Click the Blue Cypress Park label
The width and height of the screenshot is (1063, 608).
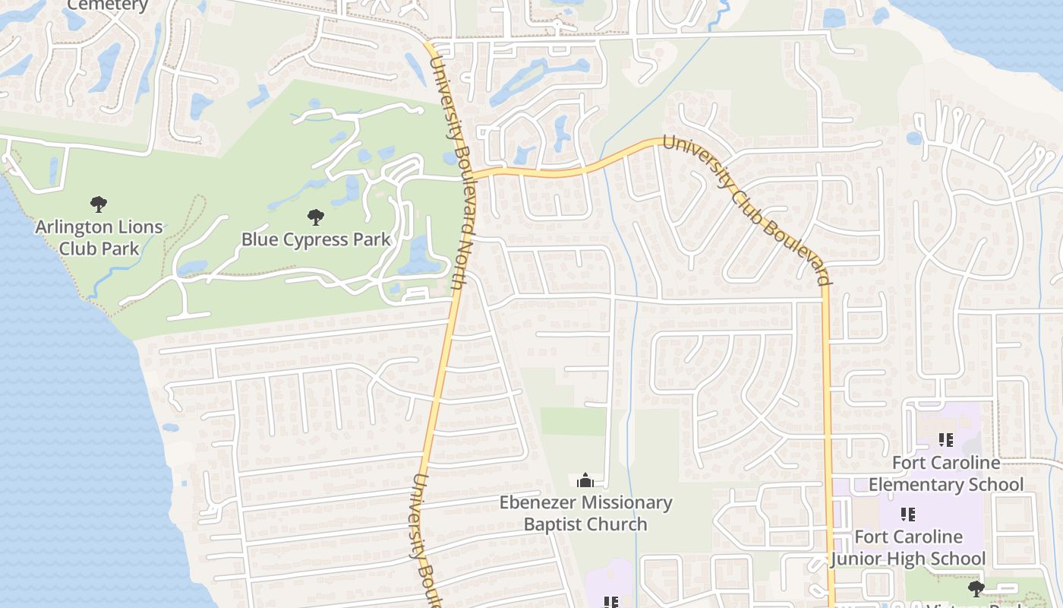coord(316,239)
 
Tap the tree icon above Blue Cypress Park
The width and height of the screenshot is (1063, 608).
coord(316,218)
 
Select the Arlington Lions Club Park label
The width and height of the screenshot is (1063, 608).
coord(99,237)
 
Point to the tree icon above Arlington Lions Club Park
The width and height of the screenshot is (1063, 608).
coord(99,204)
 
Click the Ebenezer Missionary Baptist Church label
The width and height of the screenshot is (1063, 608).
coord(585,513)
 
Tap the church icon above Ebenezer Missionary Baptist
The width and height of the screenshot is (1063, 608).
coord(585,480)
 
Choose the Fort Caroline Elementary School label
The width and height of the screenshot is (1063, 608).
coord(945,473)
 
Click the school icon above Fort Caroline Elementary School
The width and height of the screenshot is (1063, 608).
coord(946,439)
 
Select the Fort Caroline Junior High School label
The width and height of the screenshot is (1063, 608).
coord(907,548)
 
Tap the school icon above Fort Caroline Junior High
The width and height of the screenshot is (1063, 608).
coord(907,515)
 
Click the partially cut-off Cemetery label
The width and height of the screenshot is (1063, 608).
coord(108,5)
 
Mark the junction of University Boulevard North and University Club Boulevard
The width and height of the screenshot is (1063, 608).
coord(465,175)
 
